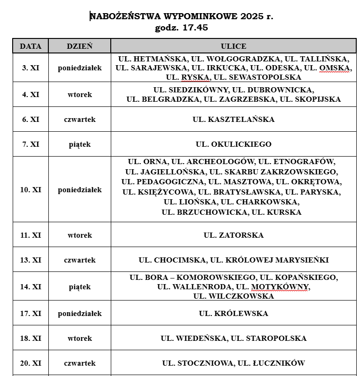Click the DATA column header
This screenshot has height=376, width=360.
[x=31, y=46]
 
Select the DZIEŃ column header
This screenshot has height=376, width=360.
[x=79, y=46]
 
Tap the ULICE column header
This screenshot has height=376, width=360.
[x=233, y=46]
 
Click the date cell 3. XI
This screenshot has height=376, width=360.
[x=31, y=68]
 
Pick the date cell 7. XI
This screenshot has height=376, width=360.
[x=31, y=144]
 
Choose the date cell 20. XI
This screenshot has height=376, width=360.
[x=31, y=363]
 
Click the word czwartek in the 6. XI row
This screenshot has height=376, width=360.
[x=79, y=119]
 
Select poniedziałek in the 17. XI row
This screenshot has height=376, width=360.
[x=79, y=313]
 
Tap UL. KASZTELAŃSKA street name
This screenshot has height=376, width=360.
[x=233, y=119]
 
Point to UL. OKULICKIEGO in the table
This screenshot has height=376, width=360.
[x=233, y=144]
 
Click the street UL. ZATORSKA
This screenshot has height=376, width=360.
[x=233, y=235]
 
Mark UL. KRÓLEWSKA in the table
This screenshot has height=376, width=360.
[x=233, y=313]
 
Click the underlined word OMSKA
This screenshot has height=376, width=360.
[x=335, y=68]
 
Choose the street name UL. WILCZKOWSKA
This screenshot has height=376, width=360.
[x=233, y=296]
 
